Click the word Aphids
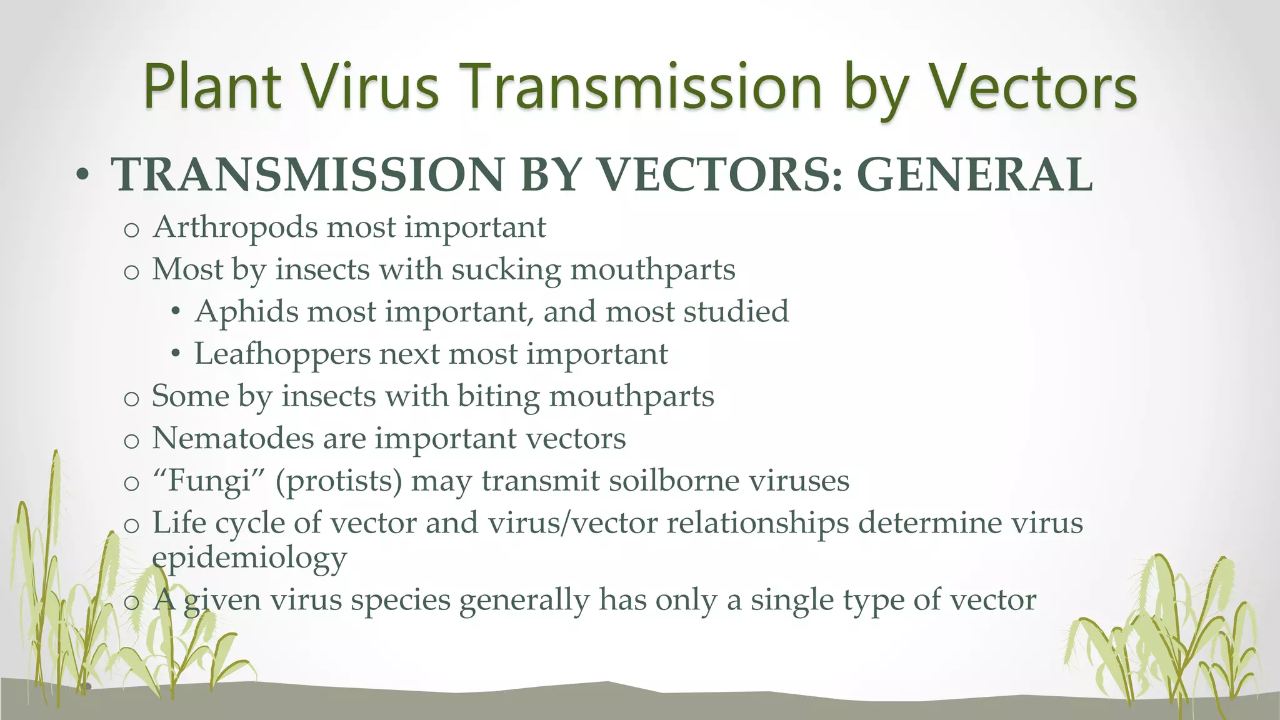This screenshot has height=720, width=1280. click(x=246, y=312)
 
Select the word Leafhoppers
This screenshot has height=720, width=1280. click(x=282, y=354)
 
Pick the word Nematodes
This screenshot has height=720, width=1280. click(x=232, y=438)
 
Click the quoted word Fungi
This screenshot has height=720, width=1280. click(x=209, y=481)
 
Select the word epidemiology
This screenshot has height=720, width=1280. click(x=249, y=558)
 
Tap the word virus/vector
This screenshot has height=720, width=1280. click(x=572, y=522)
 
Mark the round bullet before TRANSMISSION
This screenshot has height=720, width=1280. click(x=81, y=176)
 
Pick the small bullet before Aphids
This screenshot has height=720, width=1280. click(x=176, y=312)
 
